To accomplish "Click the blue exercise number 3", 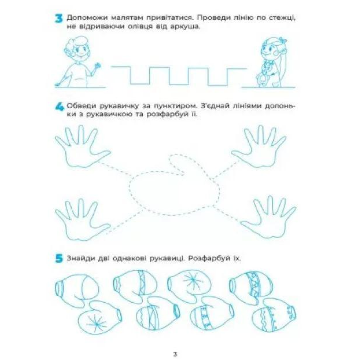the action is (x=59, y=19).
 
